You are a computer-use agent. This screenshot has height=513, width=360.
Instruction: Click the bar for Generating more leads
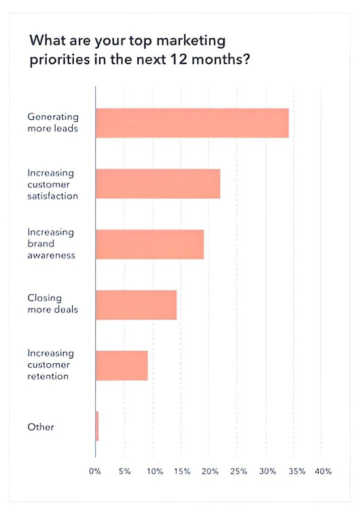point(192,123)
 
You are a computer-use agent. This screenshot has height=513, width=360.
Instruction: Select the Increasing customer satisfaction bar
point(157,183)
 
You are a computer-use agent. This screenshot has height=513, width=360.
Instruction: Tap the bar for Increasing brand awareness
point(149,244)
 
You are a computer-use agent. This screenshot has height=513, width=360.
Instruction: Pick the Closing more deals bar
point(136,305)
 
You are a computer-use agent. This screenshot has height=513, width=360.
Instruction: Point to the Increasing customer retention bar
point(121,365)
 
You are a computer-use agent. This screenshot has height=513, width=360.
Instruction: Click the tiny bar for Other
point(97,426)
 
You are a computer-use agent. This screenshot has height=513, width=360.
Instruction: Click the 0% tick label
point(95,471)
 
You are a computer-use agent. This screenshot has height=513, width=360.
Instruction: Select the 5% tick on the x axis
point(124,471)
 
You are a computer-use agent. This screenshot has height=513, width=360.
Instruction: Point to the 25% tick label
point(239,471)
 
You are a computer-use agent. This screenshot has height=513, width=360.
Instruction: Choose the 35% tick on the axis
point(296,471)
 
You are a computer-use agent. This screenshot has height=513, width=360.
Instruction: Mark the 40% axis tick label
point(323,471)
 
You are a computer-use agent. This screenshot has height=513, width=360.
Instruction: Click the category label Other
point(41,427)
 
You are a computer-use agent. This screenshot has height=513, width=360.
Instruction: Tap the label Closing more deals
point(52,304)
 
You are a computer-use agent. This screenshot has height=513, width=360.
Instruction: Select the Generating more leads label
point(53,123)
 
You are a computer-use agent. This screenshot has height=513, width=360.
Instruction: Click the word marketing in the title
point(191,40)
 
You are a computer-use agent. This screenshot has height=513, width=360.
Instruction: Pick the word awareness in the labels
point(51,255)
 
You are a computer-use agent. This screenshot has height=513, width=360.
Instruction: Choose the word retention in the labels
point(48,376)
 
